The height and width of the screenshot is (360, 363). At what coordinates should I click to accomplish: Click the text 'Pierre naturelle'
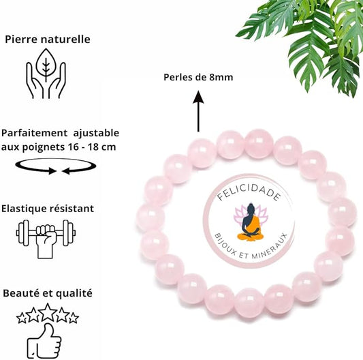click(x=48, y=39)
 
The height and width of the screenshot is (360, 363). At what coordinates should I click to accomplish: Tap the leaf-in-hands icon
click(x=46, y=73)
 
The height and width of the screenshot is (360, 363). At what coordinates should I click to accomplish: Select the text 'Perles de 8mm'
click(x=198, y=77)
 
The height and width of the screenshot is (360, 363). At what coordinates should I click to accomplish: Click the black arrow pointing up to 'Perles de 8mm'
click(x=198, y=111)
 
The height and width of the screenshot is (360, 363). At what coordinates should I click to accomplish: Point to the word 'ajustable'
click(x=96, y=133)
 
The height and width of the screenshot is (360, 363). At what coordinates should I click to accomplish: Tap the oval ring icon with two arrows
click(x=56, y=166)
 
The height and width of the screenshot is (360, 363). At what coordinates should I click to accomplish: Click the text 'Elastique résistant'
click(x=48, y=209)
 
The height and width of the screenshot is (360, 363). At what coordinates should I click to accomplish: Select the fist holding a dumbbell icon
click(x=46, y=239)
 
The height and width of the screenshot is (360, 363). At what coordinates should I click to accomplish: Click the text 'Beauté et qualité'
click(x=48, y=293)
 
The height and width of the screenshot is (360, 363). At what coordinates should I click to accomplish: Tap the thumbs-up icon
click(x=44, y=341)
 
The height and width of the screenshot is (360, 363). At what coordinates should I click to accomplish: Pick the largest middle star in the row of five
click(x=48, y=312)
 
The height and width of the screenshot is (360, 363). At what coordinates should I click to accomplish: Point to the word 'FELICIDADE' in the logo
click(x=249, y=192)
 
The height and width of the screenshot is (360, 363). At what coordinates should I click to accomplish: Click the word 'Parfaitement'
click(x=35, y=133)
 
